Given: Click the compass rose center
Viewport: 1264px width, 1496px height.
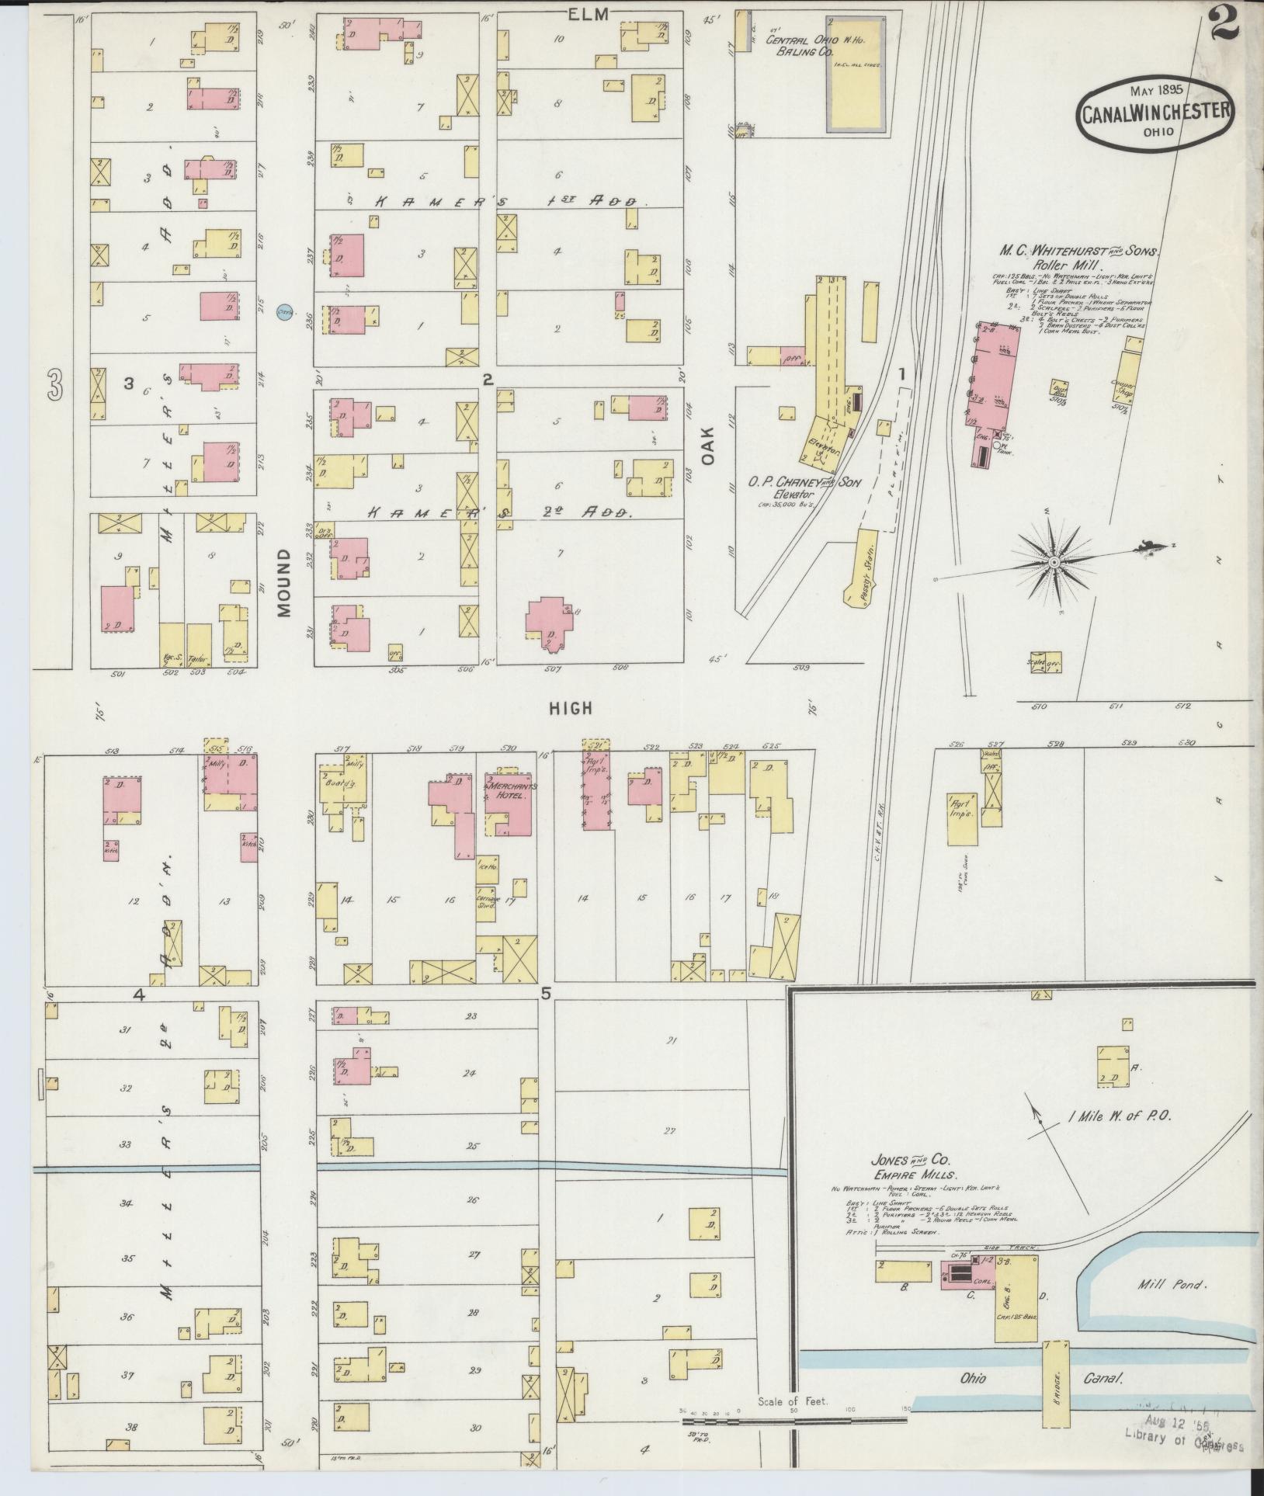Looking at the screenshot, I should click(x=1054, y=561).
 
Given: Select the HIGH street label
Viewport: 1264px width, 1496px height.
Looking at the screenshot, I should click(x=571, y=708).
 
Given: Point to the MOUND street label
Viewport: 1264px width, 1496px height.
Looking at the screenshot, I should click(x=283, y=582).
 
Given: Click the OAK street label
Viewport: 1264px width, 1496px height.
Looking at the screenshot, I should click(x=708, y=449).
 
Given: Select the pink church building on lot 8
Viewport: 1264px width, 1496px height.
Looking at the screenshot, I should click(x=550, y=618).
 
